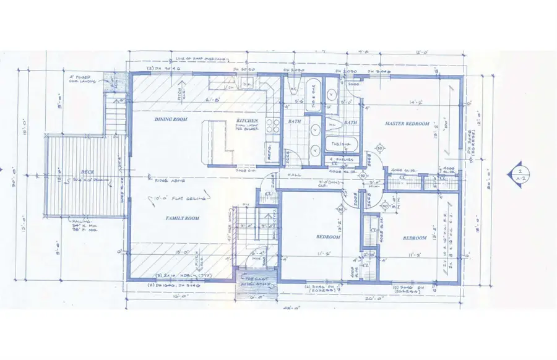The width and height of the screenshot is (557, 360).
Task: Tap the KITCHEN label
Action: (x=247, y=121)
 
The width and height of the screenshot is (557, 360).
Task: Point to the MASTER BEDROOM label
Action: (x=407, y=124)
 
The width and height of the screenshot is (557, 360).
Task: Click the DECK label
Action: (x=86, y=173)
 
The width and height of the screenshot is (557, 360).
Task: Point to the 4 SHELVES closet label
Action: (x=338, y=160)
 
